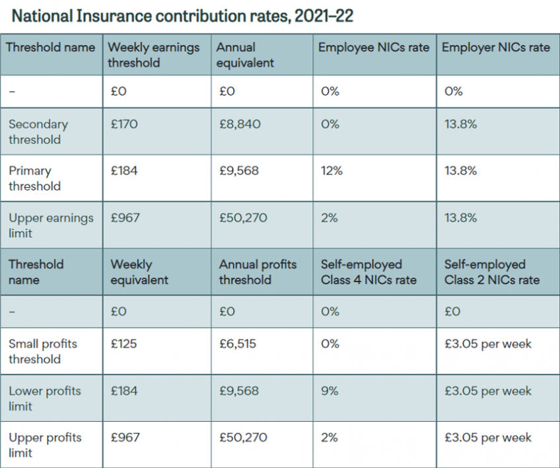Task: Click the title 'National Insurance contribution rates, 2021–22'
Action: pos(182,15)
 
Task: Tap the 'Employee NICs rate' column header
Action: pos(374,47)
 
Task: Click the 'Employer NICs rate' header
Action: pos(495,47)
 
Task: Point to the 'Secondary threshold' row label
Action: pos(38,132)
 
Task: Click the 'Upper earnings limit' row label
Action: pos(51,225)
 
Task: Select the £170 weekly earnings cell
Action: pos(124,124)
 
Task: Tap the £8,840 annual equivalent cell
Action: pos(240,124)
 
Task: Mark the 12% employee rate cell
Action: pos(332,171)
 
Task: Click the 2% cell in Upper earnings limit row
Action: pos(328,218)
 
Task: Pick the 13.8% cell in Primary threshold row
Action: pos(460,171)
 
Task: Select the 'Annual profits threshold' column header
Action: pos(258,272)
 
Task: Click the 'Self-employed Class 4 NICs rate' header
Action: pos(368,272)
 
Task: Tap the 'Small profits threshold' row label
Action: pos(42,351)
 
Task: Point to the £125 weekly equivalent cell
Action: pos(124,343)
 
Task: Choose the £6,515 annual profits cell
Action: pos(238,343)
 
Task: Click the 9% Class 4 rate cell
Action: pos(329,391)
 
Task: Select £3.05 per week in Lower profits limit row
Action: pos(487,391)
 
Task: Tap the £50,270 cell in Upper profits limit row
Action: pos(242,438)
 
